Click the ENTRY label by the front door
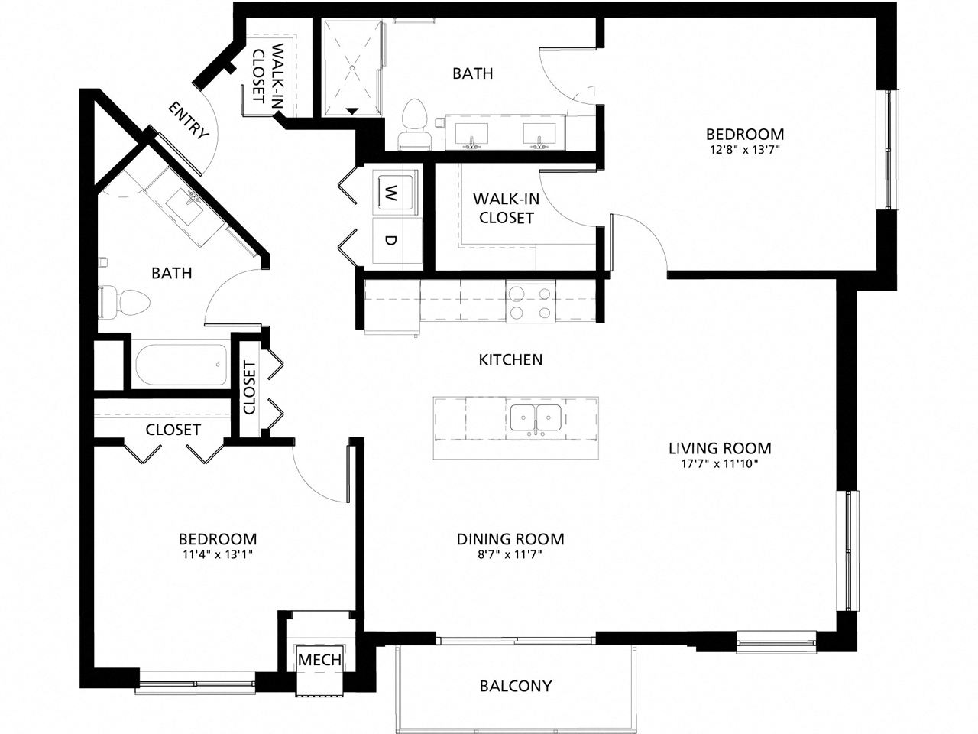188,121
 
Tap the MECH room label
319,660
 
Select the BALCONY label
516,686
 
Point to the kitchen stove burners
530,302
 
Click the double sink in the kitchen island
536,417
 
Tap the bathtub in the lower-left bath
182,364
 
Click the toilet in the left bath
122,301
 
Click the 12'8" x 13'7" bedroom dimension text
744,151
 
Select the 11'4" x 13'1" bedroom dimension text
217,554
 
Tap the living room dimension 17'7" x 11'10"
720,463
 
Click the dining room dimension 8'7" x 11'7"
510,554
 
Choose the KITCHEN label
510,359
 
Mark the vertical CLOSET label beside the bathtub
249,388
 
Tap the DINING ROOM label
510,539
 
